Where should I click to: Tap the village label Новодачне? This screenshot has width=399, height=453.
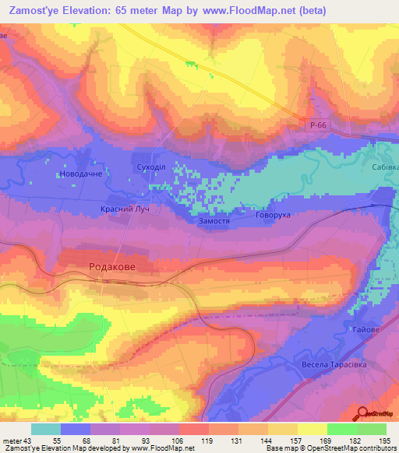81,175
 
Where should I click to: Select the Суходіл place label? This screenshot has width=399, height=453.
150,167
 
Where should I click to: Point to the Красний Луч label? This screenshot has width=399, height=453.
125,209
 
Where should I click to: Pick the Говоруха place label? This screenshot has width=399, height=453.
272,215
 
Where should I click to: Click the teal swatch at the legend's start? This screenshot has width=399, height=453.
46,429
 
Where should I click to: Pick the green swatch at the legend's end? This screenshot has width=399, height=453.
371,429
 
